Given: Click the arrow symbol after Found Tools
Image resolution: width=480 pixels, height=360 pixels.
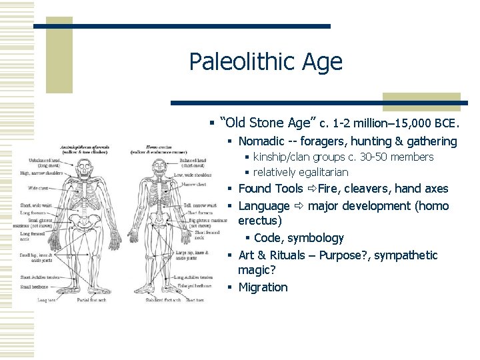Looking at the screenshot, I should pyautogui.click(x=311, y=189).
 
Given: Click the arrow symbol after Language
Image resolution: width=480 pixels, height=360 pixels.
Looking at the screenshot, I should pyautogui.click(x=299, y=206).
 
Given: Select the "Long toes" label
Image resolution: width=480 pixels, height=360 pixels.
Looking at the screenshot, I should pyautogui.click(x=47, y=300).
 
